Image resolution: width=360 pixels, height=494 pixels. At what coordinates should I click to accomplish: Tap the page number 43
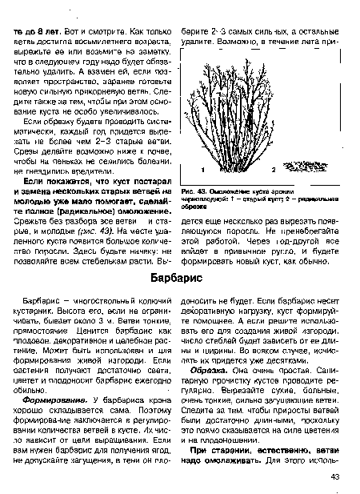pos(337,478)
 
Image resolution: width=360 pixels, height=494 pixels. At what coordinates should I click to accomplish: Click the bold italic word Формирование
pos(53,398)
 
